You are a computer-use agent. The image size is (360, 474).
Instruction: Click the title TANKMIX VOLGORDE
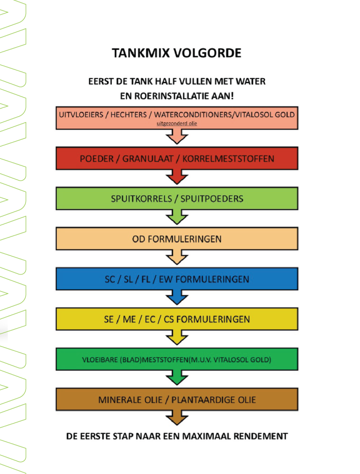tap(177, 53)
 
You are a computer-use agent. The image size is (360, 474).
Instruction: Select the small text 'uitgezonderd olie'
tap(177, 123)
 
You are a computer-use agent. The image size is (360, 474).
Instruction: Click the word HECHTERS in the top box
tap(128, 115)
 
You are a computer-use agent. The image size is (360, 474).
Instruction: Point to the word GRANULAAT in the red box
tap(148, 159)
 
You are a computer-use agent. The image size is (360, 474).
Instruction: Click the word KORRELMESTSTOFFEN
tap(228, 159)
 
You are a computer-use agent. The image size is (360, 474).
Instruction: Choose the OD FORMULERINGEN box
tap(177, 239)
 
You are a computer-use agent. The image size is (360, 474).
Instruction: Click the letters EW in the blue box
tap(165, 279)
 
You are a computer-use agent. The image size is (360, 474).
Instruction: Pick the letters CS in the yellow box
tap(169, 319)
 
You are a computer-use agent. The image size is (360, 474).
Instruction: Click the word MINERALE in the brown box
tap(115, 400)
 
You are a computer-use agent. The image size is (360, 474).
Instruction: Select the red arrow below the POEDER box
tap(177, 177)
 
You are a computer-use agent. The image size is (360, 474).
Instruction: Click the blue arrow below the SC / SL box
tap(177, 297)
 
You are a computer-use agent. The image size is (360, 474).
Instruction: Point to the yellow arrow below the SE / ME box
tap(177, 337)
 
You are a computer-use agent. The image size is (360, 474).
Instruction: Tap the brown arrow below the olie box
tap(177, 418)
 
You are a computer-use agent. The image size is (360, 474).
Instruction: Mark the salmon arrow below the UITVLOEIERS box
tap(177, 137)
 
